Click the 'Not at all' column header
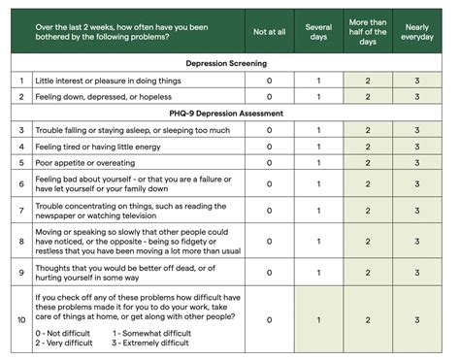tap(270, 31)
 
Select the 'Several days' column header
tap(319, 31)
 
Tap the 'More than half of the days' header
tap(368, 31)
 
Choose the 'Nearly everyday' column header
tap(418, 31)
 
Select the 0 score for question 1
tap(270, 81)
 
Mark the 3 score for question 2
tap(418, 97)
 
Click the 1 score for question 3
tap(319, 130)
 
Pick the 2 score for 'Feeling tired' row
tap(368, 147)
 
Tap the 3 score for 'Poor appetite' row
tap(418, 163)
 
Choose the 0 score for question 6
tap(270, 184)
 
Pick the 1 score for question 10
tap(319, 319)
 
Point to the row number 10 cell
tap(20, 319)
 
